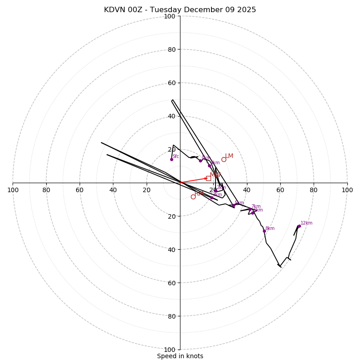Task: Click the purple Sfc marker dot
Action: pyautogui.click(x=171, y=159)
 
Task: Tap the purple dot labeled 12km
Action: pyautogui.click(x=299, y=226)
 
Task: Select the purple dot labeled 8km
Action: pyautogui.click(x=264, y=231)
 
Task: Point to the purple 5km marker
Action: pyautogui.click(x=234, y=205)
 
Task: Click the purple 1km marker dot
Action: pyautogui.click(x=200, y=161)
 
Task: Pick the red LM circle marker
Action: pyautogui.click(x=224, y=159)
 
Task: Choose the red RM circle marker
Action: pyautogui.click(x=193, y=197)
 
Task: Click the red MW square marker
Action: pyautogui.click(x=208, y=178)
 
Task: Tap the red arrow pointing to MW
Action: pyautogui.click(x=194, y=180)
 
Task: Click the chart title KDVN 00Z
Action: pyautogui.click(x=180, y=10)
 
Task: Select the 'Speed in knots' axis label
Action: pyautogui.click(x=180, y=356)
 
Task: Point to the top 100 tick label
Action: pyautogui.click(x=170, y=16)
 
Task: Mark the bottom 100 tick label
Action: pyautogui.click(x=170, y=350)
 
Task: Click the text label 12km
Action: pyautogui.click(x=306, y=223)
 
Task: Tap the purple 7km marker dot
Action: pyautogui.click(x=250, y=209)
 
